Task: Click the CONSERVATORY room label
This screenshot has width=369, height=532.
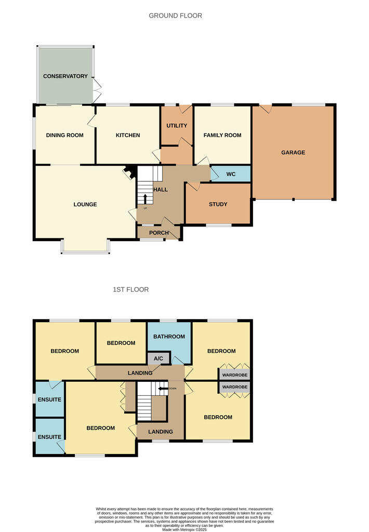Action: tap(65, 76)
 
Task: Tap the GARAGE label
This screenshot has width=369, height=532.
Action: tap(293, 152)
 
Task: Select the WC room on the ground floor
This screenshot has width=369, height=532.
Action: tap(231, 174)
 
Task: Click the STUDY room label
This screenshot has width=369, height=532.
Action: tap(218, 204)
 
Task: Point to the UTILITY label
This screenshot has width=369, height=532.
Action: tap(176, 126)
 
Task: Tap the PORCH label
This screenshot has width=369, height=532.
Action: tap(159, 232)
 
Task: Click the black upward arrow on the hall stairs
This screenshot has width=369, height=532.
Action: tap(145, 199)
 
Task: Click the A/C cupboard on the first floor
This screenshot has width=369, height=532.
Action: tap(158, 358)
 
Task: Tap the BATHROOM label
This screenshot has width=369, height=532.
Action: tap(169, 336)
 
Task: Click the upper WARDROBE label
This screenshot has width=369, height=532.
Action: tap(234, 375)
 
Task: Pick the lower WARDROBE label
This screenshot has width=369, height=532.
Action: tap(234, 387)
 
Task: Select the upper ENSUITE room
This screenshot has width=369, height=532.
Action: tap(49, 400)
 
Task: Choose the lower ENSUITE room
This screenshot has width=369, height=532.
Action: tap(49, 437)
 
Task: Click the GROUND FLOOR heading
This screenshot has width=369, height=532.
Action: tap(175, 16)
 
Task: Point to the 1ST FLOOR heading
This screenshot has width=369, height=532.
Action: tap(130, 289)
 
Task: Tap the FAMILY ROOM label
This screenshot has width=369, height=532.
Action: tap(222, 135)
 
